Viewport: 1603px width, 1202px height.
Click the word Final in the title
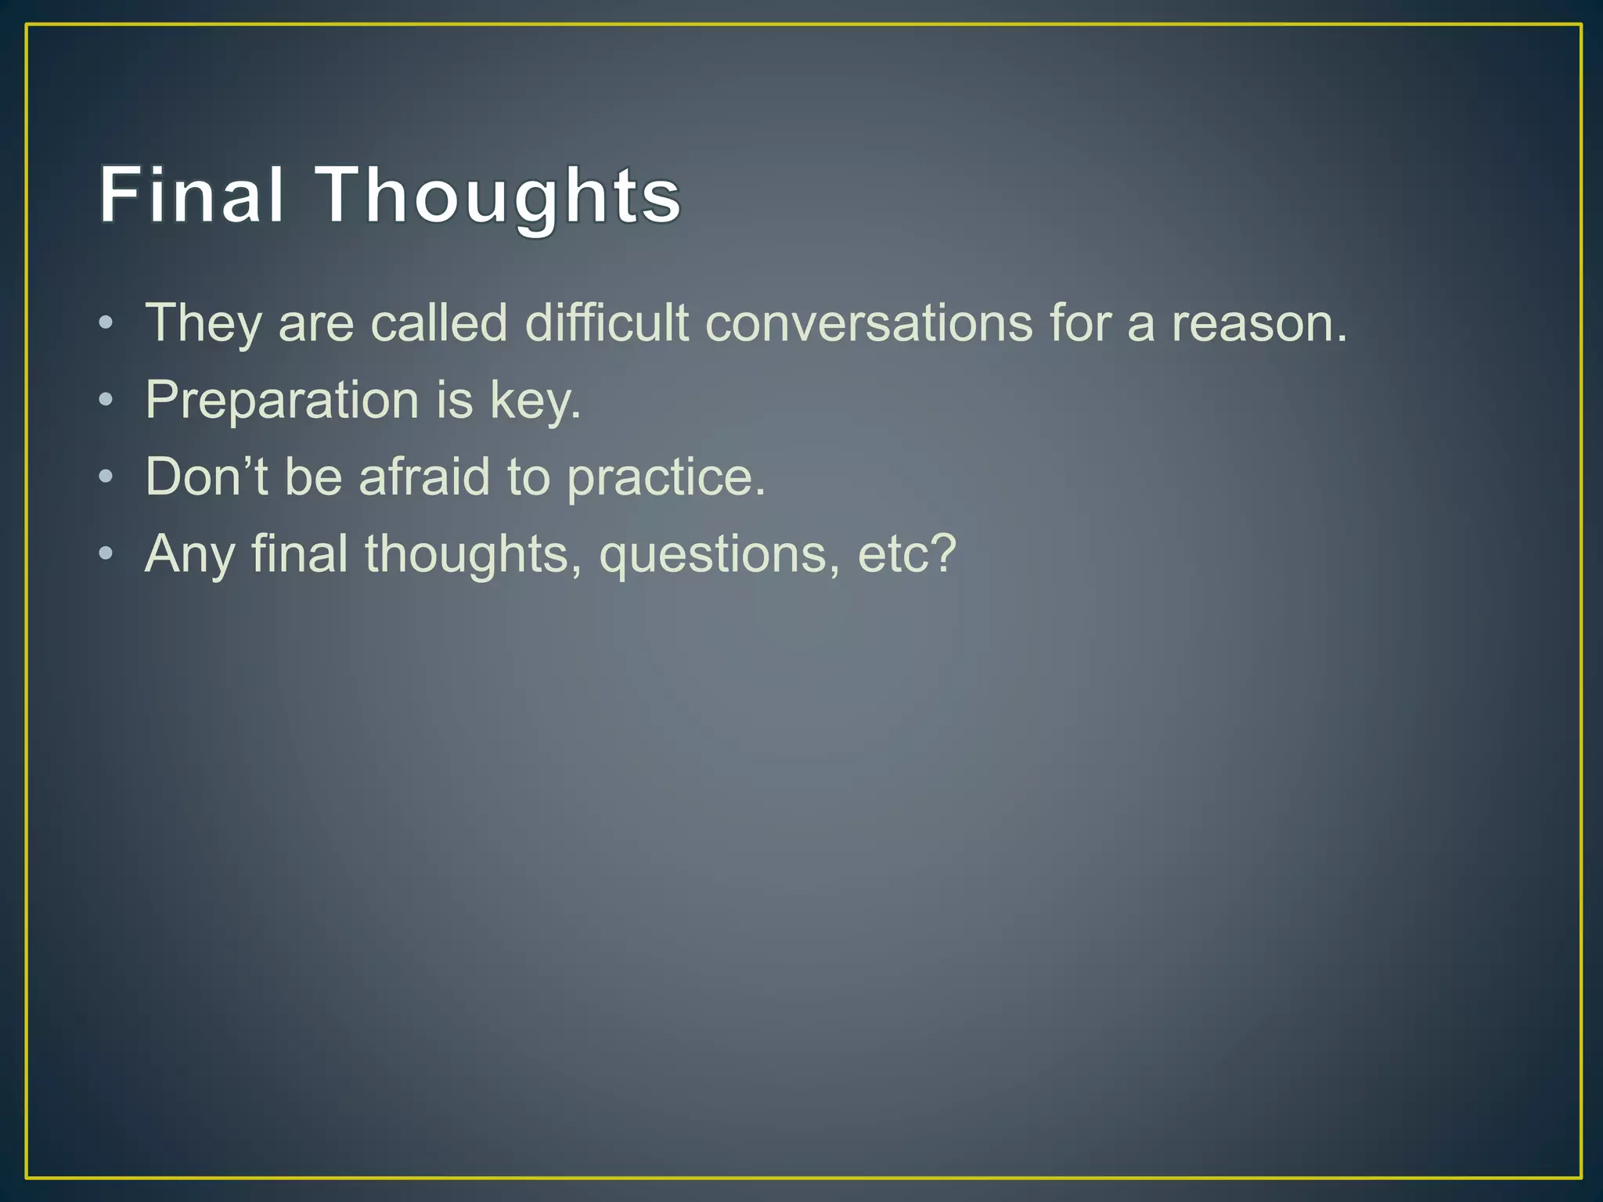tap(191, 195)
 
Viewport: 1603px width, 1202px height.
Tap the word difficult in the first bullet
tap(607, 322)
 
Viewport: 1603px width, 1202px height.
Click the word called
tap(438, 322)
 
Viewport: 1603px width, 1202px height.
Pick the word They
tap(203, 322)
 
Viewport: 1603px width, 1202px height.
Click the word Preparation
tap(283, 400)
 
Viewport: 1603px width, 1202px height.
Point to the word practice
tap(665, 477)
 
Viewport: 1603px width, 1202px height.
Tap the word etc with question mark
tap(907, 554)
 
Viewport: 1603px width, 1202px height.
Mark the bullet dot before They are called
tap(106, 322)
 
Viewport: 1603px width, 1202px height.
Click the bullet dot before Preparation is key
tap(106, 400)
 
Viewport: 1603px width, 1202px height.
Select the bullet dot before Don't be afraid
tap(106, 476)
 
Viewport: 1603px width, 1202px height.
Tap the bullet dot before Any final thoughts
tap(106, 554)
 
